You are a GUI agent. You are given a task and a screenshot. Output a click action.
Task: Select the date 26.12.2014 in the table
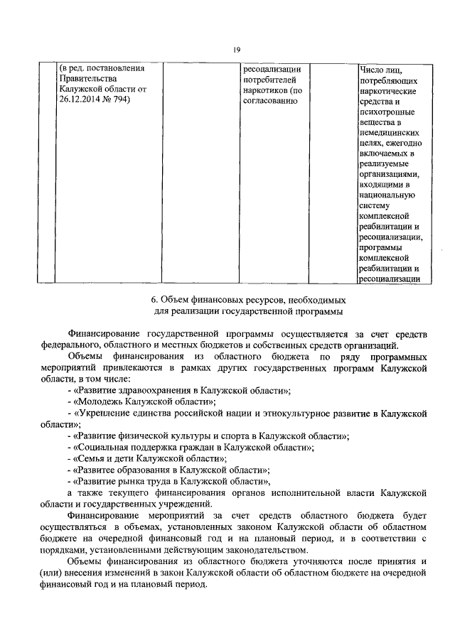[x=83, y=100]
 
